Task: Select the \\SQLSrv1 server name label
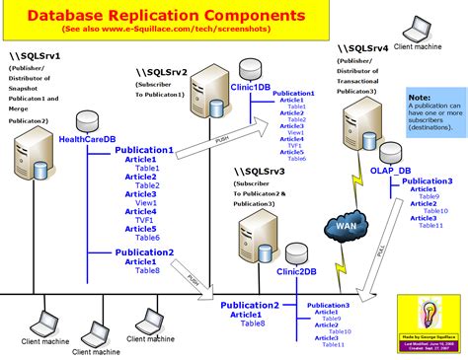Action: [37, 56]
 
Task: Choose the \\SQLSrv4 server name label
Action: [361, 46]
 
